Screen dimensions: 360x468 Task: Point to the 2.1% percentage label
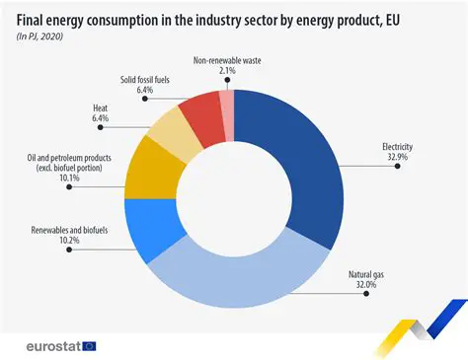[x=226, y=71]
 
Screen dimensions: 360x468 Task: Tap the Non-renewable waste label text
[x=226, y=60]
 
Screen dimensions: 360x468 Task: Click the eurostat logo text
[x=47, y=345]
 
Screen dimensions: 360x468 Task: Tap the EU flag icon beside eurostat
[x=89, y=345]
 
